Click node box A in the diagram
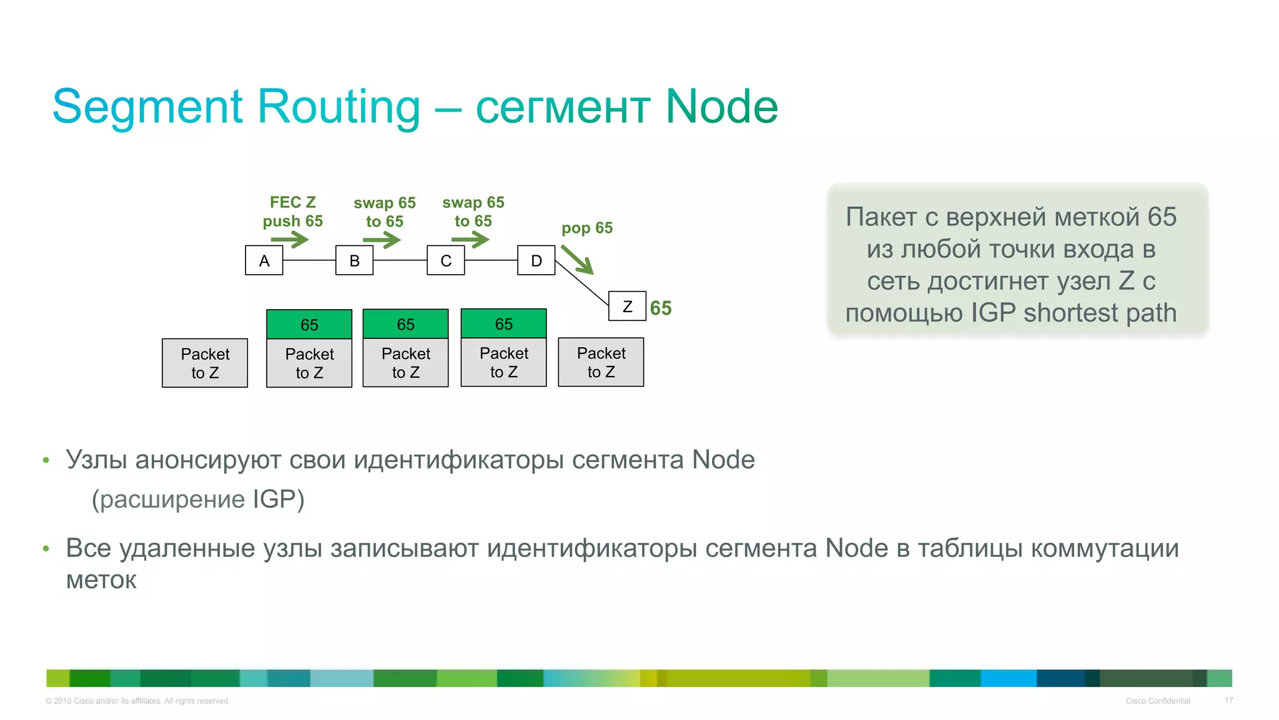[x=264, y=260]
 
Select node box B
[x=354, y=260]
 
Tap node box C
[x=445, y=260]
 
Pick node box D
[x=536, y=260]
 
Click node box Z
[x=627, y=306]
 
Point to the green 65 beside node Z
[x=661, y=308]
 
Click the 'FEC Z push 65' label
[x=292, y=212]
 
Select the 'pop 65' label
[x=587, y=228]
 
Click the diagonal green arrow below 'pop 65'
[x=577, y=259]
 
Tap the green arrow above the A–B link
[x=290, y=239]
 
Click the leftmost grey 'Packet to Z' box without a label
[x=205, y=363]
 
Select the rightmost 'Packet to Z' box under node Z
[x=601, y=362]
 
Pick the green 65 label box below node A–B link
[x=309, y=324]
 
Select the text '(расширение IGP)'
[x=198, y=499]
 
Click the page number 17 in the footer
[x=1228, y=701]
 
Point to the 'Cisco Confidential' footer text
[x=1158, y=701]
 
